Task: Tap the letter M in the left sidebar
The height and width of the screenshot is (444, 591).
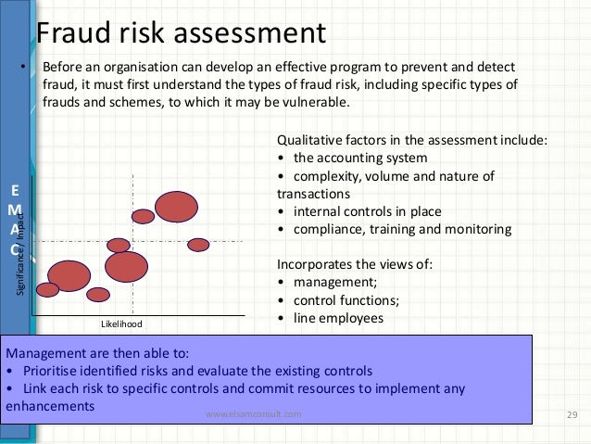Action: [x=14, y=211]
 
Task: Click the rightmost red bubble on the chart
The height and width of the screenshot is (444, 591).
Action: [x=198, y=245]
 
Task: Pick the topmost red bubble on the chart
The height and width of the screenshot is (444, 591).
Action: [x=176, y=207]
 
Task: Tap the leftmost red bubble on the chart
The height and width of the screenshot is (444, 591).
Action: [x=47, y=290]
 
